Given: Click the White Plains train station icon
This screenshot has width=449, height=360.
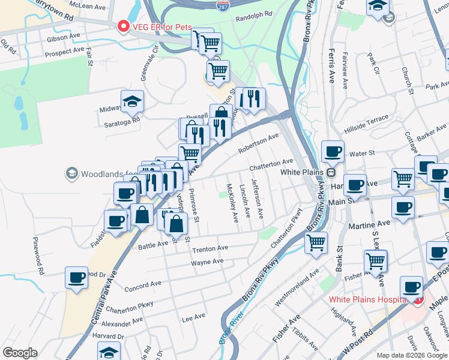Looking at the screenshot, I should click(330, 172).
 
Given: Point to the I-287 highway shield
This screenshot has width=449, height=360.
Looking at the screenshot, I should click(221, 5).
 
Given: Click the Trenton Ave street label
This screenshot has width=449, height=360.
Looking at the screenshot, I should click(210, 248).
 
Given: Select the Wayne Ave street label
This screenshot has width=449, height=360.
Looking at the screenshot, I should click(207, 262).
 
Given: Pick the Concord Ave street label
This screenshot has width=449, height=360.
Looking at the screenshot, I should click(143, 283).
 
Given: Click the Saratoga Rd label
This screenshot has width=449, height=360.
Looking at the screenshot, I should click(119, 119).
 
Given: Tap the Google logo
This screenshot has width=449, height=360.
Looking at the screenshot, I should click(19, 353).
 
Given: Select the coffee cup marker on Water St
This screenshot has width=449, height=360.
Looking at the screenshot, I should click(332, 152).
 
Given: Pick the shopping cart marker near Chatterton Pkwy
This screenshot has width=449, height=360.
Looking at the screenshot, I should click(316, 243).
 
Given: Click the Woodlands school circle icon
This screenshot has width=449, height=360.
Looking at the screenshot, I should click(71, 173).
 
